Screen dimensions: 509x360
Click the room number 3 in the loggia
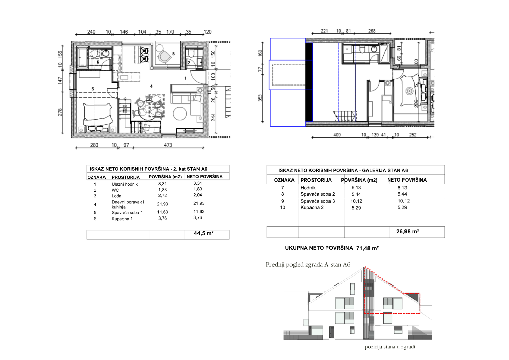[x=173, y=54]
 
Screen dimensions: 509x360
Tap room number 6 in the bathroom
[x=98, y=62]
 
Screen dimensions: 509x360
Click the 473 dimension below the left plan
[x=168, y=145]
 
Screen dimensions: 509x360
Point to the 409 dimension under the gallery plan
[x=337, y=135]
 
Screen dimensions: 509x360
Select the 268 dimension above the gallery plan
[x=372, y=31]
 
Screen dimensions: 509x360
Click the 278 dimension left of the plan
[x=60, y=112]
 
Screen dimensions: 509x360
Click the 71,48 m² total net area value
[x=367, y=248]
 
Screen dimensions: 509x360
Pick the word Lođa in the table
[x=117, y=196]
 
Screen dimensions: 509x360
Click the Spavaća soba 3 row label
[x=317, y=201]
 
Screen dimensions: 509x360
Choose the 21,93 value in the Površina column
[x=163, y=204]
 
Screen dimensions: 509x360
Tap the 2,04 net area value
[x=198, y=195]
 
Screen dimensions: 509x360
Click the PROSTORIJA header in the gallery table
[x=316, y=180]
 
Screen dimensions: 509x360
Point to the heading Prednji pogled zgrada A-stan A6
[x=308, y=265]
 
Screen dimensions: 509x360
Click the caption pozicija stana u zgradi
[x=390, y=347]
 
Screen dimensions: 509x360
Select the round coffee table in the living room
[x=180, y=114]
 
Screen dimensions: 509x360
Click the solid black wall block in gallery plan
[x=309, y=82]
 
